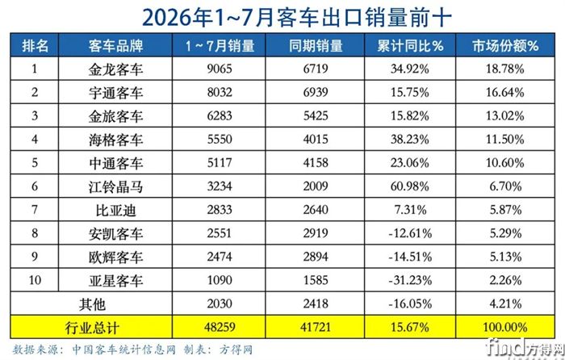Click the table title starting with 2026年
pos(296,17)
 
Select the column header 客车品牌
pos(115,46)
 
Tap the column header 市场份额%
pos(505,46)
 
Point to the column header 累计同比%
pos(410,46)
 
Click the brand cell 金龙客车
pos(115,69)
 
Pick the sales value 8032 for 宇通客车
pos(220,92)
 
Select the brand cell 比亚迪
pos(115,210)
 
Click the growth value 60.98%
pos(410,186)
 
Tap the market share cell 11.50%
pos(505,139)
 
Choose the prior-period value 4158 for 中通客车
pos(316,163)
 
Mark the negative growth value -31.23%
pos(410,280)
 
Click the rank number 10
pos(35,280)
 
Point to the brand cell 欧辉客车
pos(115,257)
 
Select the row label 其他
pos(92,304)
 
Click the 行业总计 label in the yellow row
pos(92,328)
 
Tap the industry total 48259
pos(220,327)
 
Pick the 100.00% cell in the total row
pos(505,327)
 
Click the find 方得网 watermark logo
pos(525,348)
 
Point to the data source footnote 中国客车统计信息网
pos(123,350)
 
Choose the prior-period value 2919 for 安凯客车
pos(316,233)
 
